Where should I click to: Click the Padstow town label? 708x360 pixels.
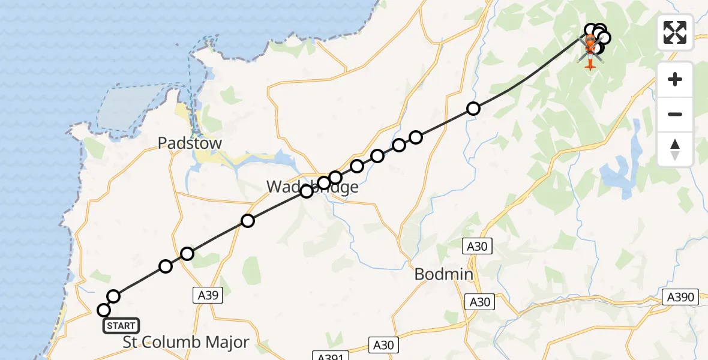click(x=190, y=143)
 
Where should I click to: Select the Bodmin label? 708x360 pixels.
click(x=444, y=275)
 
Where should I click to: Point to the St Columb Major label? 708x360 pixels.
click(x=186, y=343)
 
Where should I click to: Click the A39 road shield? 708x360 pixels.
click(x=208, y=295)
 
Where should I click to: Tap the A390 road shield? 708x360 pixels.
click(x=680, y=297)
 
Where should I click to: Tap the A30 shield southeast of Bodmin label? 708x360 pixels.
click(x=480, y=302)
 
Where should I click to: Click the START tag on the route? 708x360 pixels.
click(x=121, y=326)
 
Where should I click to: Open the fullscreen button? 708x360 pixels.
click(x=675, y=32)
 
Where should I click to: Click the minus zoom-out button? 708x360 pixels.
click(x=675, y=114)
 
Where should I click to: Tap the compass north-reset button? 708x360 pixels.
click(x=675, y=149)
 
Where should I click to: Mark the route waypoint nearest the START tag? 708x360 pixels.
click(x=104, y=310)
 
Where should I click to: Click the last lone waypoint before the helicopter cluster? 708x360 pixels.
click(x=473, y=109)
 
